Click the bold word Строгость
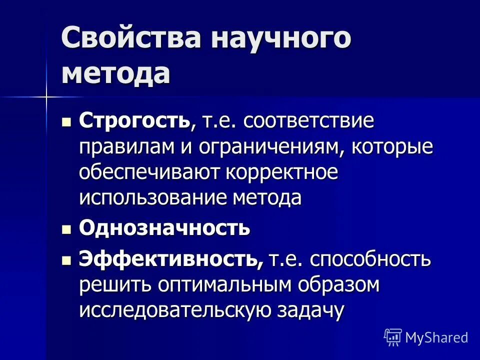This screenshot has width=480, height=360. pos(134,121)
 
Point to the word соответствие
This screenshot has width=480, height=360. pos(309,121)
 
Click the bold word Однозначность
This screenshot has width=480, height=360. pos(164,228)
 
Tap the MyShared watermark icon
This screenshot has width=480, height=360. pos(393,337)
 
